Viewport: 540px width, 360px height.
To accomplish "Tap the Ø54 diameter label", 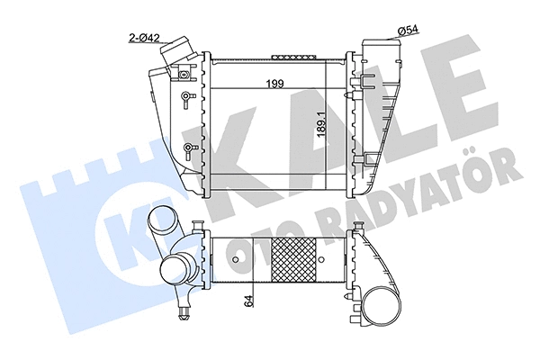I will click(407, 32).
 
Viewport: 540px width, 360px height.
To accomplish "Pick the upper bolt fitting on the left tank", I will click(186, 97).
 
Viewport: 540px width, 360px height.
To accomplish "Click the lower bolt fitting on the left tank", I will click(186, 148).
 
